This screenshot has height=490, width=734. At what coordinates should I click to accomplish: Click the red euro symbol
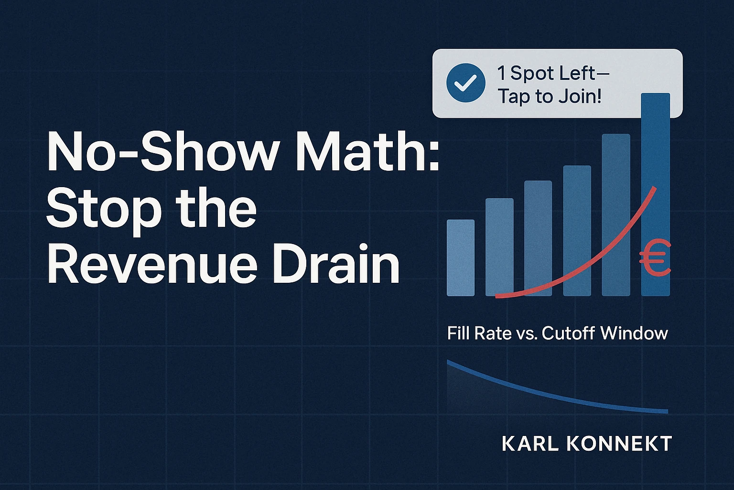click(x=655, y=258)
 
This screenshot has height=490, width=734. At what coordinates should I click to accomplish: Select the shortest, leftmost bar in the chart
click(x=461, y=258)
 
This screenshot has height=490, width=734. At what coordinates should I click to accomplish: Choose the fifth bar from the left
click(x=616, y=215)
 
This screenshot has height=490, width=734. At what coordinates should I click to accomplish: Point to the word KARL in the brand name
click(x=530, y=444)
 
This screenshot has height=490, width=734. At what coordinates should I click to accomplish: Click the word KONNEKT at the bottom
click(x=619, y=444)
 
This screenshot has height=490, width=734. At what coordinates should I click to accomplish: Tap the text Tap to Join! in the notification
click(x=550, y=97)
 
